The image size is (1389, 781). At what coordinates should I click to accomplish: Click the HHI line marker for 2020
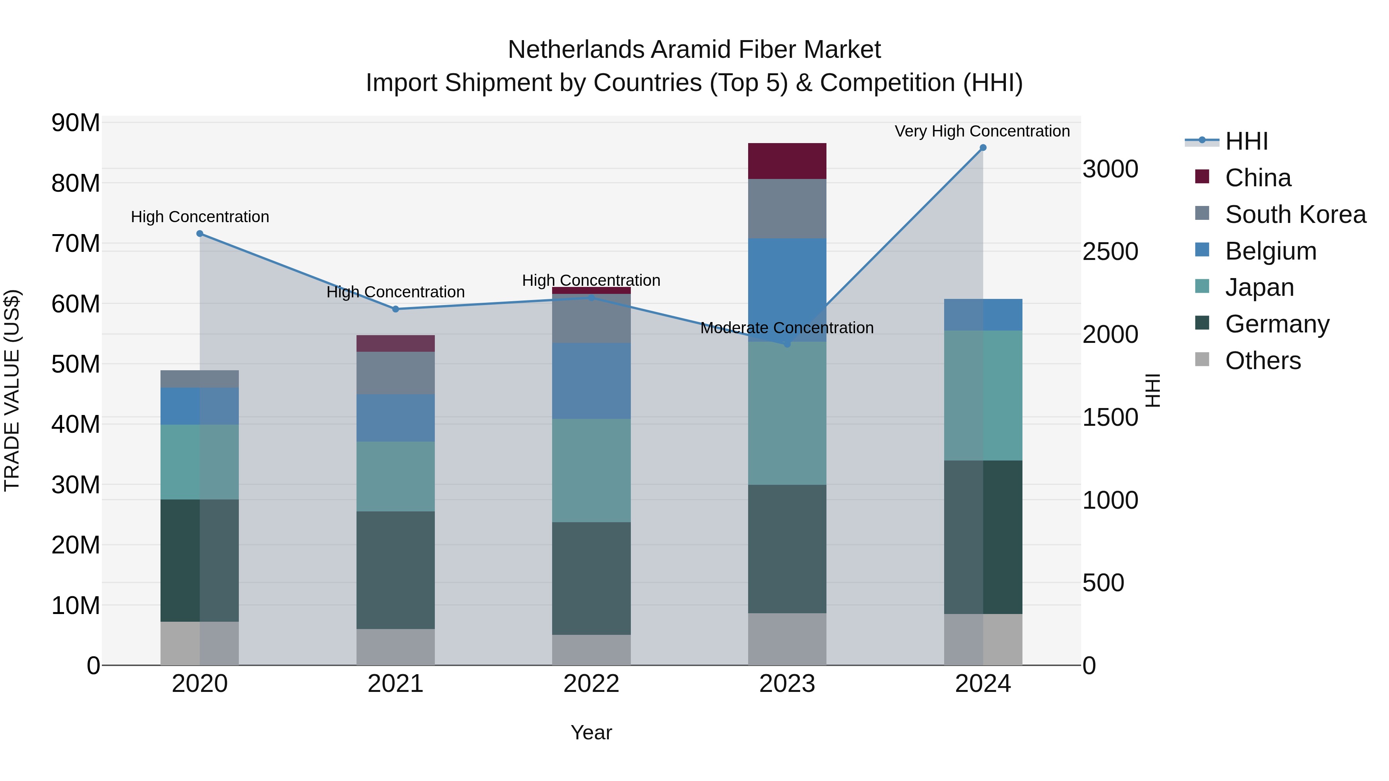(x=199, y=233)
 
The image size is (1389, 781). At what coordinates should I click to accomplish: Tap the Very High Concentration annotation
(x=982, y=131)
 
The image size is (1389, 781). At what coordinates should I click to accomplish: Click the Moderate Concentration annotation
(x=787, y=328)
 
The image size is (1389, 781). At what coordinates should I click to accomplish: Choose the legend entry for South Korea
(x=1295, y=214)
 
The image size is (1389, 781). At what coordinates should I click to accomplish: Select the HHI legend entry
(x=1246, y=141)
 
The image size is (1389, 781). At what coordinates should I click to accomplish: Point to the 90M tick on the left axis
(x=76, y=123)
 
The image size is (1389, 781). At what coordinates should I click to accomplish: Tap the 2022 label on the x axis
(x=591, y=684)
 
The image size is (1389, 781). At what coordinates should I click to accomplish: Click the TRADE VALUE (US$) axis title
(x=12, y=390)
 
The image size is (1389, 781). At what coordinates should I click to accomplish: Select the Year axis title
(x=591, y=732)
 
